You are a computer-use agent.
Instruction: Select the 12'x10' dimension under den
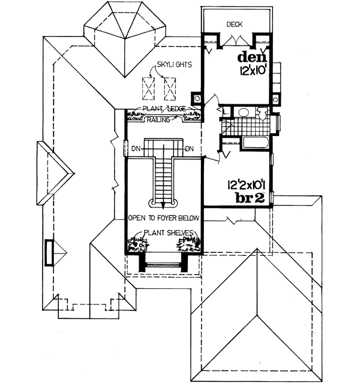point(251,71)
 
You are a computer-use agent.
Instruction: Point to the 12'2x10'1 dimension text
point(237,184)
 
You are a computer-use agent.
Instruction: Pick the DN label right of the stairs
point(188,149)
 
